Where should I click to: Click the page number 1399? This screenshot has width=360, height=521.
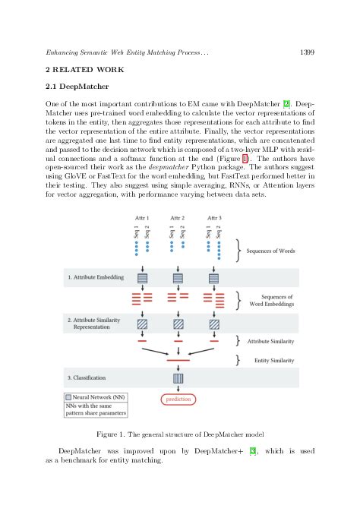(x=308, y=52)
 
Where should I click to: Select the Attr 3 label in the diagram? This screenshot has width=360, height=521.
(x=214, y=217)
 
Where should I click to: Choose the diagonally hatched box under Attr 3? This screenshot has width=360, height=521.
(x=214, y=324)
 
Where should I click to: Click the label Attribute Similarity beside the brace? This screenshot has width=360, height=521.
(x=270, y=342)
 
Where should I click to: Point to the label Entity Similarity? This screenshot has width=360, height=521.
(x=274, y=360)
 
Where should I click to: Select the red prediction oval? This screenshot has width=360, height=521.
(x=178, y=398)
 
